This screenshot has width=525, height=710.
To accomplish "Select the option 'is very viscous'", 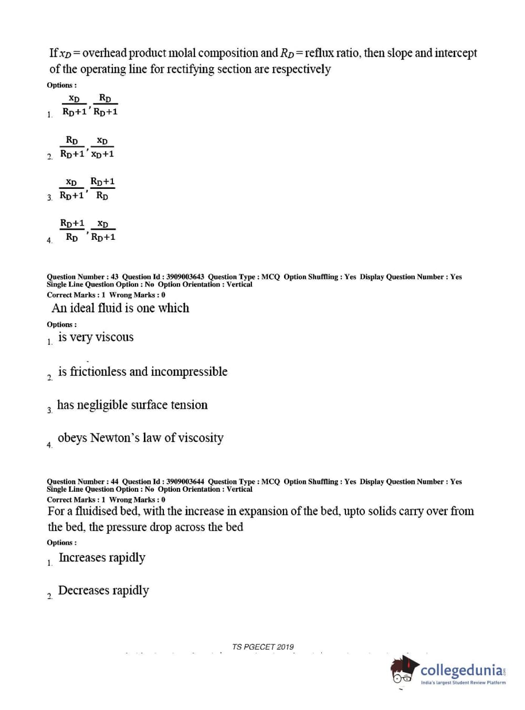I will point(96,337).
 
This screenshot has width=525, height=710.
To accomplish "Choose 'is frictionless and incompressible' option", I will point(142,372).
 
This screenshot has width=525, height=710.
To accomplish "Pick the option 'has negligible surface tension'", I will point(132,405).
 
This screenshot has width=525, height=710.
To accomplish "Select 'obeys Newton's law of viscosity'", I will point(140,438).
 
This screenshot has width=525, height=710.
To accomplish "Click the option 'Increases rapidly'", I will point(102,557).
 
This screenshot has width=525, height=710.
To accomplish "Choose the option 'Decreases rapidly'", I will point(103,590).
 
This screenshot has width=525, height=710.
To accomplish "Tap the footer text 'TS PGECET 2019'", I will point(262,647).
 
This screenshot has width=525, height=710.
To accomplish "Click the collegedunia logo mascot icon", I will point(404,670).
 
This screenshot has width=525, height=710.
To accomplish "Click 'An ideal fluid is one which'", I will point(120,308).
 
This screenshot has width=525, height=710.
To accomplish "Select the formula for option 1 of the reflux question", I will point(90,105).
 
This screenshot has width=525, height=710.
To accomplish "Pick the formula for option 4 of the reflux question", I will point(88,230).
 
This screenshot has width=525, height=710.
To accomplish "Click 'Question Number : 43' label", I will point(82,277).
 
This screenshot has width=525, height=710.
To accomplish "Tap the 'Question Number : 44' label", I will point(82,481).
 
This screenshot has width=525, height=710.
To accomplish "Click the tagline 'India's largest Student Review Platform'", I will point(463,683).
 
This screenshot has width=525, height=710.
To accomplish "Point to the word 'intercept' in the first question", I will point(456,53).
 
